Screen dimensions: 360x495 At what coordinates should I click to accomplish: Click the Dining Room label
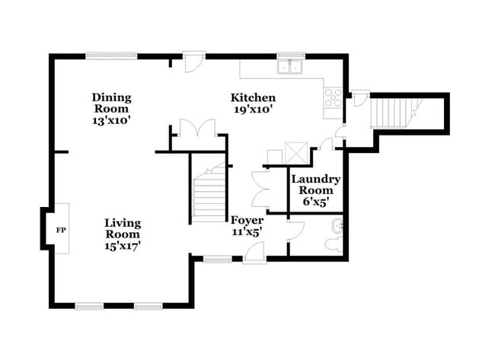point(112,103)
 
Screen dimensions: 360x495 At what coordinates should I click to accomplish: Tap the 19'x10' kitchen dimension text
point(253,109)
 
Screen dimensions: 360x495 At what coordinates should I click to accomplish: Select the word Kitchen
point(253,97)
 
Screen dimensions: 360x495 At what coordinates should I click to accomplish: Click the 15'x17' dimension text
point(123,245)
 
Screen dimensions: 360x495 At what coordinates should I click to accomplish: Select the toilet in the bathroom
point(333,244)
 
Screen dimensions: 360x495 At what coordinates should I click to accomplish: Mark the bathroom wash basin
point(338,225)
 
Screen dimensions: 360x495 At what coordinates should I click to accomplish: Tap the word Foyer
point(247,221)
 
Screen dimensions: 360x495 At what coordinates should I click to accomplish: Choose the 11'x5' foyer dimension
point(247,232)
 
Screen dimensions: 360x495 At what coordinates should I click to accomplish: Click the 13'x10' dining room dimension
point(112,119)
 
